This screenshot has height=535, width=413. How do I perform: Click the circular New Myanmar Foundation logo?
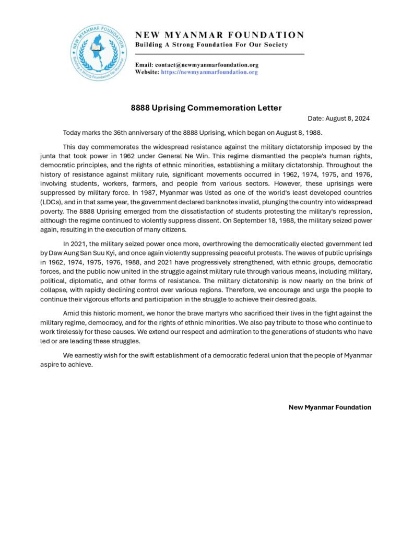[98, 53]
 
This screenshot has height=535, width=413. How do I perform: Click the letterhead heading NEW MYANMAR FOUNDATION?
[219, 35]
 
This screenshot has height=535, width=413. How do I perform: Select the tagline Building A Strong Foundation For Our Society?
[211, 45]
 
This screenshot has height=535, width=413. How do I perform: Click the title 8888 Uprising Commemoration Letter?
[206, 108]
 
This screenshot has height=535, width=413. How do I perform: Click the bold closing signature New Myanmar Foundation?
[330, 408]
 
